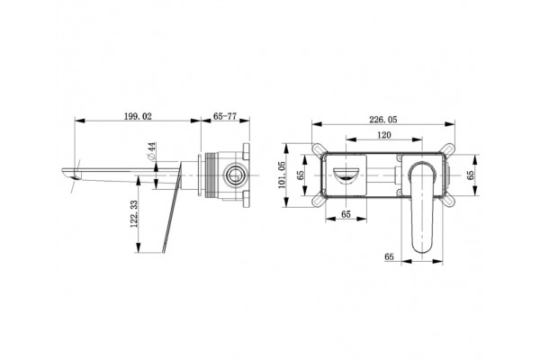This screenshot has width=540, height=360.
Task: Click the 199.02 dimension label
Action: (138, 116)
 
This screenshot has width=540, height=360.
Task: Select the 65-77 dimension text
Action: (225, 116)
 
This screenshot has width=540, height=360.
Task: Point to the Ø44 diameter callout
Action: (151, 150)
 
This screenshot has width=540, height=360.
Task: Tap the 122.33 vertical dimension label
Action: (134, 214)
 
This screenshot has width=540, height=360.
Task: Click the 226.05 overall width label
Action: (383, 120)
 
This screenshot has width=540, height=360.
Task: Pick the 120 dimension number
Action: (384, 135)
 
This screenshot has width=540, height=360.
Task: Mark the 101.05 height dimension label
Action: (282, 175)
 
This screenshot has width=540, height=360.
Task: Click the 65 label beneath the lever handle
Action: (389, 256)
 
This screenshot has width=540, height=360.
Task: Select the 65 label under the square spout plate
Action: (346, 214)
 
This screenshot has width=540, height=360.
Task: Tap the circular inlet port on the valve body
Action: (236, 175)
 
